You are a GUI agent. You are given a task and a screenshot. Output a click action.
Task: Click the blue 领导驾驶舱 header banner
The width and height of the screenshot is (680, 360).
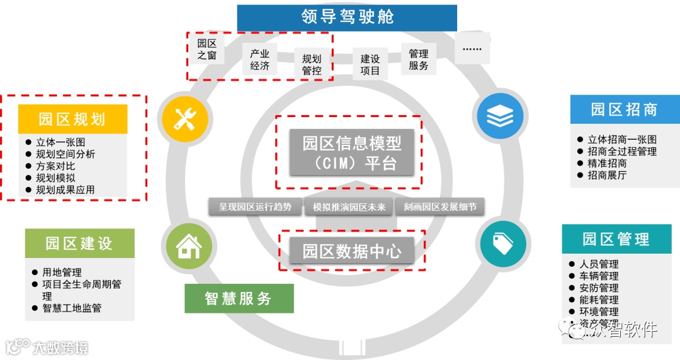(x=347, y=18)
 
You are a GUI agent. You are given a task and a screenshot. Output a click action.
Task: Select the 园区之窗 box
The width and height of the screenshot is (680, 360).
(x=207, y=49)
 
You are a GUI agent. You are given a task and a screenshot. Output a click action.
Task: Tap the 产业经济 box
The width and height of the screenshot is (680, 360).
(x=259, y=60)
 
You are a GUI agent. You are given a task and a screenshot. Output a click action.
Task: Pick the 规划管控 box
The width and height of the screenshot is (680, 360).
(x=312, y=65)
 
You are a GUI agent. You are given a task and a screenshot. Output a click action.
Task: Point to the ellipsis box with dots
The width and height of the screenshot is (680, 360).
(x=472, y=48)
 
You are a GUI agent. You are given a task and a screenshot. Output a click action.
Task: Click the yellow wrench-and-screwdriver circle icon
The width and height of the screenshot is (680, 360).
(x=184, y=118)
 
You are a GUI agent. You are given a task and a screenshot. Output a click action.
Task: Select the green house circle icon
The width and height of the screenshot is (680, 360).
(x=187, y=246)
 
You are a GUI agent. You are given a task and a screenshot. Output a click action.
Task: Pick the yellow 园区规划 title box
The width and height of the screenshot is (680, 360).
(x=72, y=119)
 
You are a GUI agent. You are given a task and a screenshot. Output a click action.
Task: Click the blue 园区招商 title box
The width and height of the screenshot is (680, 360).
(x=625, y=110)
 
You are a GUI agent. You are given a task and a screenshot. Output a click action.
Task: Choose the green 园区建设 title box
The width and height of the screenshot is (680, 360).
(x=79, y=243)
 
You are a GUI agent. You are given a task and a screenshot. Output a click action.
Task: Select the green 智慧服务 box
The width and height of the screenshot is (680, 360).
(x=239, y=298)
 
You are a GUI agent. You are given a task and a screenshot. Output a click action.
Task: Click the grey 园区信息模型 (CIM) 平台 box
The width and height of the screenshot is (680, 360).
(x=352, y=152)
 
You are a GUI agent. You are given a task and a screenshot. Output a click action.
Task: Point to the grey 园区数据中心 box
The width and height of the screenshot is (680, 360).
(x=352, y=251)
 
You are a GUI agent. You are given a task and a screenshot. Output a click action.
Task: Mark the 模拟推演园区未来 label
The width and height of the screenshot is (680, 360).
(x=348, y=207)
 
